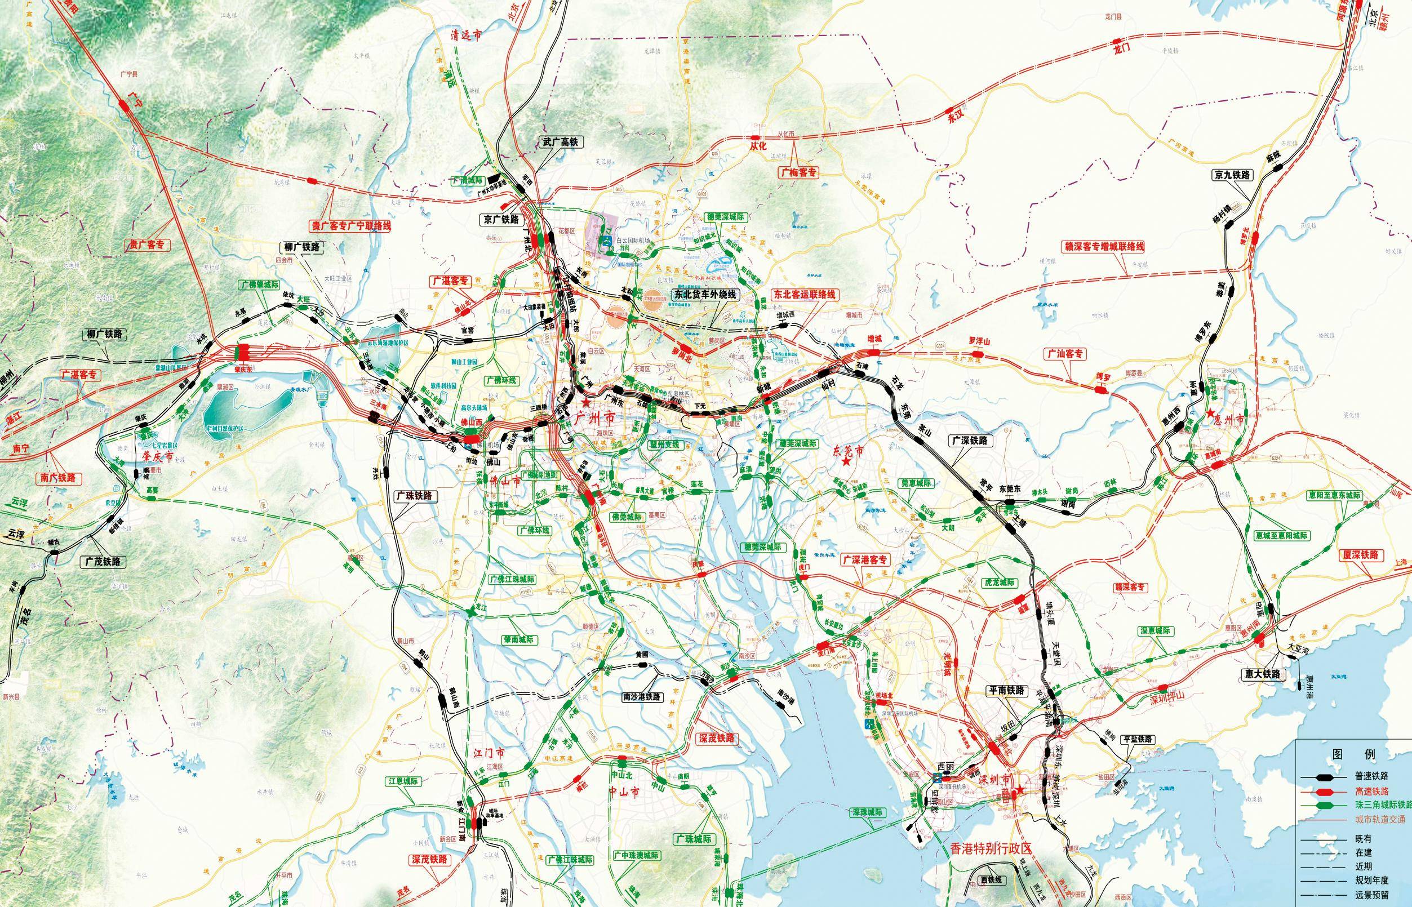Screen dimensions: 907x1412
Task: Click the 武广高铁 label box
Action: tap(561, 141)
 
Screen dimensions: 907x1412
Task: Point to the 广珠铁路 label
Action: tap(414, 496)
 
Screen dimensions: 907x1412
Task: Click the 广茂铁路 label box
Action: tap(104, 561)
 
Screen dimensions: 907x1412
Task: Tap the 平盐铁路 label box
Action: tap(1138, 739)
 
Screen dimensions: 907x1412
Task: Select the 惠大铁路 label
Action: tap(1259, 674)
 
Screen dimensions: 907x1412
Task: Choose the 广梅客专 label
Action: tap(800, 172)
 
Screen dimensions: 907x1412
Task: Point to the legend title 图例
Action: tap(1353, 754)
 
